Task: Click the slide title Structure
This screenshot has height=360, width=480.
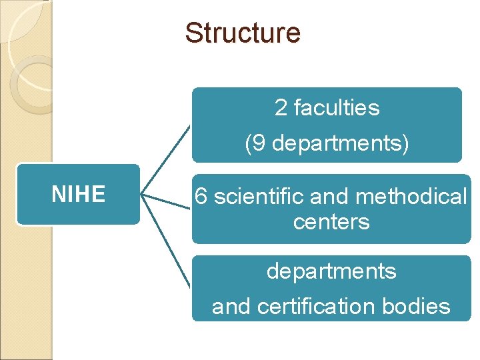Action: (243, 33)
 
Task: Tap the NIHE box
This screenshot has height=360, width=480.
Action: (79, 194)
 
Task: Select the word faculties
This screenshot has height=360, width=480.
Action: (336, 107)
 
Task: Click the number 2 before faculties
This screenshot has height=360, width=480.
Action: (281, 107)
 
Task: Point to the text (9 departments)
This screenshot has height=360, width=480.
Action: (327, 143)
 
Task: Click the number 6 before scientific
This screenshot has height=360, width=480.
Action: (200, 197)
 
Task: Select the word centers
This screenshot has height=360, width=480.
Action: (331, 221)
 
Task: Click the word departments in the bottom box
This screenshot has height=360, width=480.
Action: (331, 271)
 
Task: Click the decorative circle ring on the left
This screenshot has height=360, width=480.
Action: (32, 83)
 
